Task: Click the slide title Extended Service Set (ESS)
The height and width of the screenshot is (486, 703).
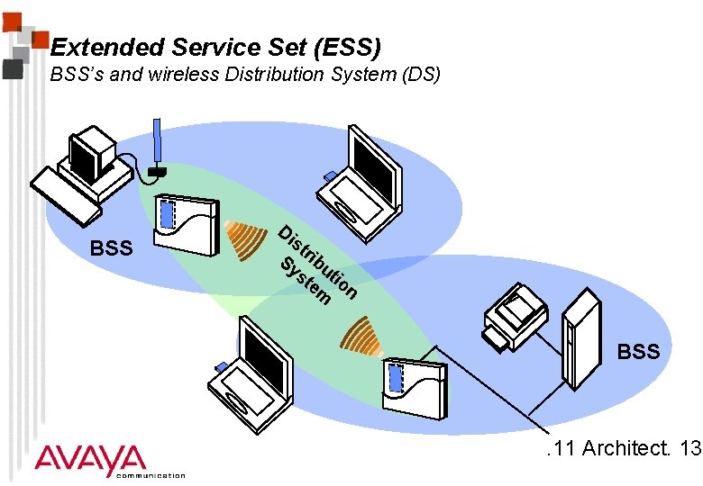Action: point(216,46)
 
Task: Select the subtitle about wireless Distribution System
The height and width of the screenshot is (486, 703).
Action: point(245,75)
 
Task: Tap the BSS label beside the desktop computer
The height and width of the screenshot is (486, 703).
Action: point(112,247)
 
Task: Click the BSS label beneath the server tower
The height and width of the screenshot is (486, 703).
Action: point(638,351)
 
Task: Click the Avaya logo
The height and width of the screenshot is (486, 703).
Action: point(90,460)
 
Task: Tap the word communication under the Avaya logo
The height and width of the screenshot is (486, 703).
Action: point(151,475)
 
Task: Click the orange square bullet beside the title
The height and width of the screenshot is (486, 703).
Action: point(39,39)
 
